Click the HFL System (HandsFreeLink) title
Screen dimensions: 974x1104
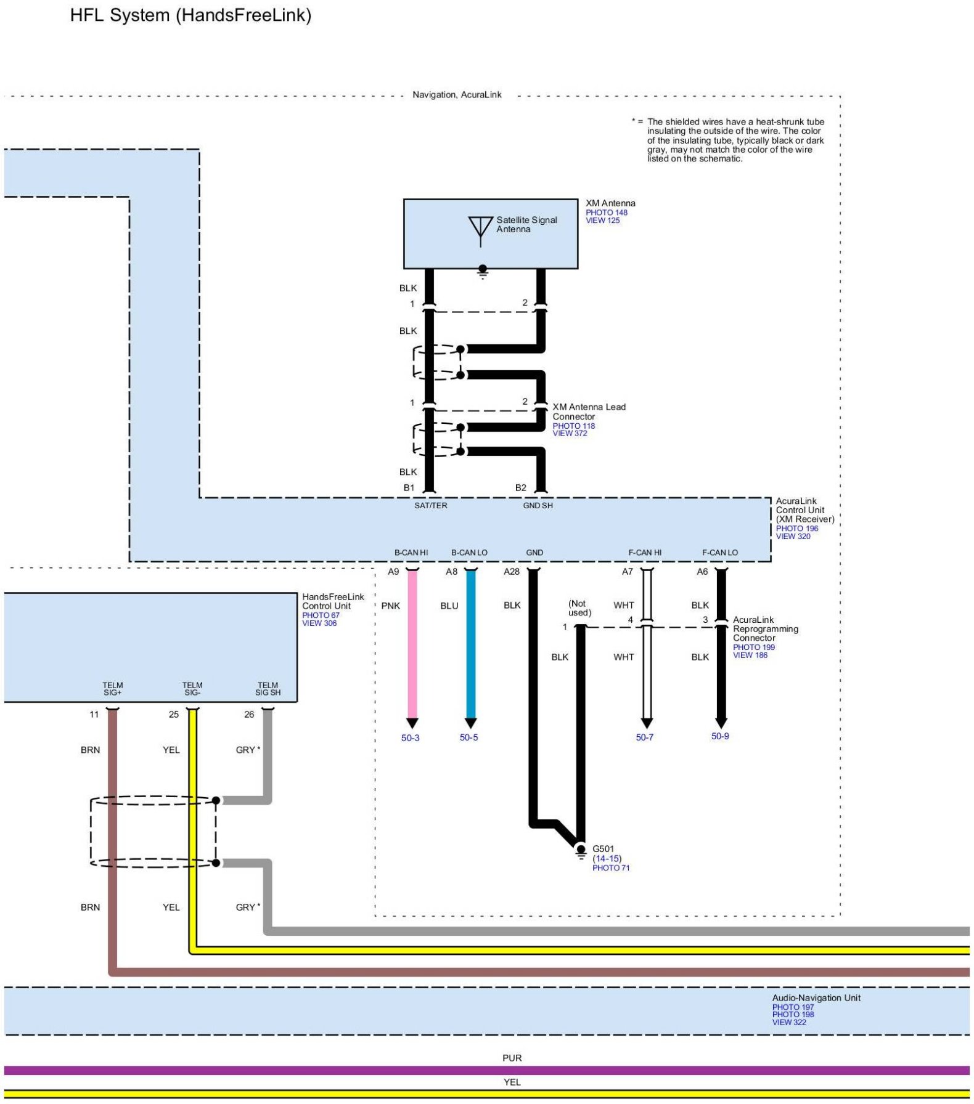190,15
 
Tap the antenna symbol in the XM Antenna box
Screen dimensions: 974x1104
480,230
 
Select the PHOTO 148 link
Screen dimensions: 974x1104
606,213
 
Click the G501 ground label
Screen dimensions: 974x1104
603,849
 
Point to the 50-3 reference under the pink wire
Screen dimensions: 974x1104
410,738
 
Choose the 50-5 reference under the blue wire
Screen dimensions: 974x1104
469,737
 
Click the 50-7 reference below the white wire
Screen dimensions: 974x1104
644,737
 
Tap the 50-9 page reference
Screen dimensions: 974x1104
719,736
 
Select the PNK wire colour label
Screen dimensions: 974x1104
390,606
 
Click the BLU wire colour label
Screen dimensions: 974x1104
449,606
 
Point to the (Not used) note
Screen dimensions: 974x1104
579,608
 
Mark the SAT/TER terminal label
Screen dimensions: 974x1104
430,506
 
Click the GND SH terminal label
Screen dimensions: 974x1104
538,506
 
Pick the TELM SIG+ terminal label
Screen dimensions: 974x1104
113,689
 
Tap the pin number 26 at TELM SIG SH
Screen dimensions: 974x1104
249,715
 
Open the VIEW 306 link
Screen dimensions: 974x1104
319,623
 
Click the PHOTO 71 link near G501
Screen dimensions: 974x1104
610,868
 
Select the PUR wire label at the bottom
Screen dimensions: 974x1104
512,1058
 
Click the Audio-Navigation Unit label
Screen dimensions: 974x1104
816,998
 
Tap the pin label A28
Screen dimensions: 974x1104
511,572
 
